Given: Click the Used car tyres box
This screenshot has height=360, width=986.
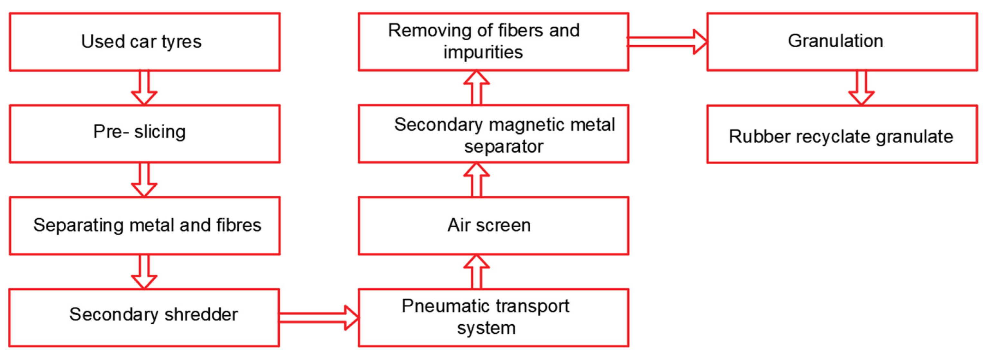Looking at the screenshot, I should click(x=144, y=42).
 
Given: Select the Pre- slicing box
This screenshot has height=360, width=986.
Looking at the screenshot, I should click(x=144, y=133).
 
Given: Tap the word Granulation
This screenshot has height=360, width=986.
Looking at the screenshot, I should click(x=835, y=41).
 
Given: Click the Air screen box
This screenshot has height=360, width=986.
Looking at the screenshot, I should click(x=493, y=225).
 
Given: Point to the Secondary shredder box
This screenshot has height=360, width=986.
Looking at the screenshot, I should click(x=144, y=318).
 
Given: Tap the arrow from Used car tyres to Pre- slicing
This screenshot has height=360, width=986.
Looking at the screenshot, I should click(x=144, y=88).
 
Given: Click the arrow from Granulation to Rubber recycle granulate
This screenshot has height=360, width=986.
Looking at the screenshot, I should click(x=861, y=88).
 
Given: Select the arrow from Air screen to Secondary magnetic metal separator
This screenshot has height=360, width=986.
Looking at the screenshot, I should click(x=477, y=180).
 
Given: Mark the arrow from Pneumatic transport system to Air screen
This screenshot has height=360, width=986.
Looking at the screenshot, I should click(x=477, y=272).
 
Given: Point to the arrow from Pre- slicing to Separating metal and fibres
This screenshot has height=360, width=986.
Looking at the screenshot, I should click(x=144, y=180).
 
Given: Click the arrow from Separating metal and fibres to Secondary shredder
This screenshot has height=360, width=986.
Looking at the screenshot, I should click(x=144, y=272).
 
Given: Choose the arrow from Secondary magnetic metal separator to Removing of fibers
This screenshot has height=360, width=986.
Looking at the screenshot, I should click(x=477, y=88).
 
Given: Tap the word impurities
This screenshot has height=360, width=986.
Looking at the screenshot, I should click(x=483, y=52).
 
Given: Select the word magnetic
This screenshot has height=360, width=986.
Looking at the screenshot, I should click(x=529, y=125).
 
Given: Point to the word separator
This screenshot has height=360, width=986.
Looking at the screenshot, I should click(x=504, y=147).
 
